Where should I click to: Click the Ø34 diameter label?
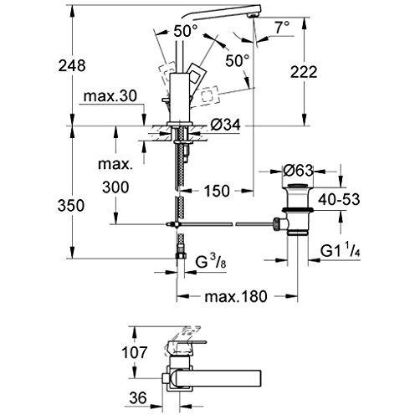(226, 126)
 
